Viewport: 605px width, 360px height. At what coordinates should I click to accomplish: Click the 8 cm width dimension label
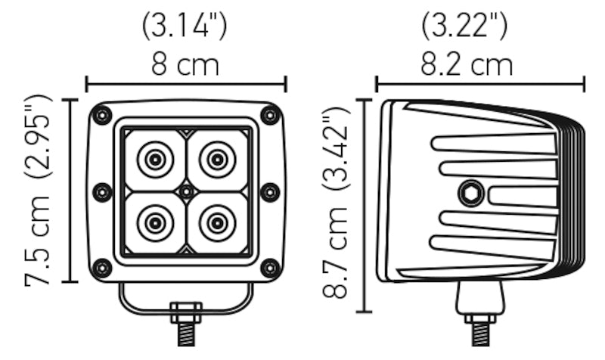tap(185, 65)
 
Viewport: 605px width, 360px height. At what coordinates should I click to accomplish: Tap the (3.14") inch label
tap(185, 26)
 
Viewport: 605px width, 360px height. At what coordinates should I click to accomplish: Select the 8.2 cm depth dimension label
tap(466, 65)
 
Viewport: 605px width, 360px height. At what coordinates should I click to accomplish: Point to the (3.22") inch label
tap(464, 26)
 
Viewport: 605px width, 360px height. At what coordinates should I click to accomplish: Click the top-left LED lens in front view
tap(154, 160)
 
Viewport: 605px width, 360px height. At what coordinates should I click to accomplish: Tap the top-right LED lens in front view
tap(217, 160)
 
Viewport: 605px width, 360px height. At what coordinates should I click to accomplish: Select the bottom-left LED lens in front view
tap(154, 223)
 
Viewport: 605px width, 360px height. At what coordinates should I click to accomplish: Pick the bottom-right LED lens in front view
tap(217, 223)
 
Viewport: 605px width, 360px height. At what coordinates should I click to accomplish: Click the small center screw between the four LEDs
tap(186, 192)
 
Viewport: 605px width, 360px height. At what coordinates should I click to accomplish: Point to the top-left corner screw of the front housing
tap(101, 115)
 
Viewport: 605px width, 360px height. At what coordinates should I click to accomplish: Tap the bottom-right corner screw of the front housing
tap(270, 267)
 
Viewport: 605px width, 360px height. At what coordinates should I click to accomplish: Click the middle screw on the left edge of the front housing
tap(101, 192)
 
